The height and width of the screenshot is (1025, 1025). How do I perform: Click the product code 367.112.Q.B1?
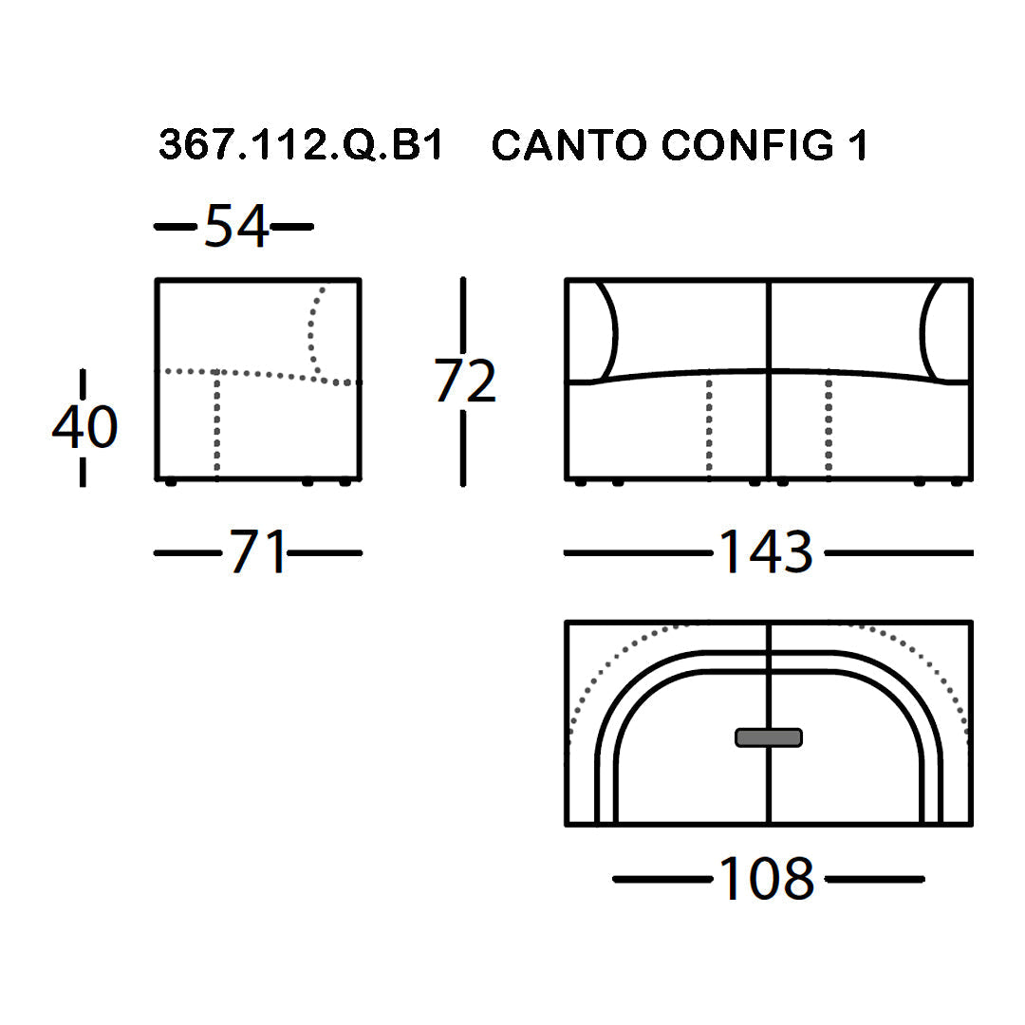pos(302,144)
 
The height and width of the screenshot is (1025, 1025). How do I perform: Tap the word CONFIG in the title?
pos(748,144)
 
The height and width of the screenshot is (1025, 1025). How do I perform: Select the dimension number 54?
pos(236,226)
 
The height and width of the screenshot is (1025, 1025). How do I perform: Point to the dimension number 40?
pos(85,427)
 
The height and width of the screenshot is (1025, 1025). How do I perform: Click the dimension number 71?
pos(257,551)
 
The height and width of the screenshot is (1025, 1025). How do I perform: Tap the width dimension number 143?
pos(766,551)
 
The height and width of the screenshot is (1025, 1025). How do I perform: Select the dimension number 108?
pos(766,879)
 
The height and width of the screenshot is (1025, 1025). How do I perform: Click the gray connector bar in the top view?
pos(769,737)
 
